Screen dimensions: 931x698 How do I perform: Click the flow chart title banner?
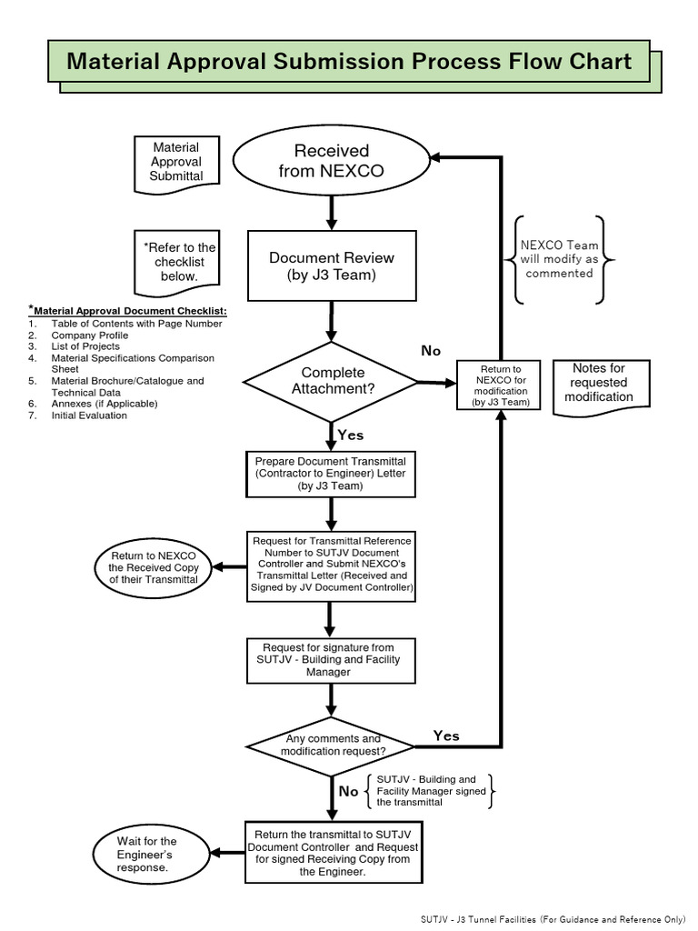click(349, 62)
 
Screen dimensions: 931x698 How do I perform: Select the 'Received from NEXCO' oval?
click(331, 160)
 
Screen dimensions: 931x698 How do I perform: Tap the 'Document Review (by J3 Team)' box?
click(332, 265)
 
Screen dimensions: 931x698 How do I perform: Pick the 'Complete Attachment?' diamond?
click(332, 381)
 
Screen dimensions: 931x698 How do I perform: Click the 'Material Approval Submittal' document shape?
click(176, 162)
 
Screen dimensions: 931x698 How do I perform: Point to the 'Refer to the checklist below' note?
click(179, 262)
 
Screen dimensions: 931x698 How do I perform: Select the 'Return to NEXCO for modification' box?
click(501, 385)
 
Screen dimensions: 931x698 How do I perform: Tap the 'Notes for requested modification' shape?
click(598, 384)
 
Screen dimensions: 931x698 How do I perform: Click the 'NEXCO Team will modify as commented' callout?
click(559, 259)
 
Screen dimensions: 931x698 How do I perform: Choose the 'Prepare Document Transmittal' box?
click(331, 474)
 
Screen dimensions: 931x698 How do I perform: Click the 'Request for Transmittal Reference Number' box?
click(332, 565)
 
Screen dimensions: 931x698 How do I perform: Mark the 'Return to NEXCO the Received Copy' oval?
click(154, 567)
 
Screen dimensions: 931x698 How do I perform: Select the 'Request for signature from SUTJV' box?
click(331, 660)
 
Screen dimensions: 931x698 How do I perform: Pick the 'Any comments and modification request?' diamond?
click(332, 746)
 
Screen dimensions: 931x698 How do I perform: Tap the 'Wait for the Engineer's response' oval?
click(146, 854)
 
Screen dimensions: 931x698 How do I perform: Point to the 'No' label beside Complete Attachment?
click(431, 351)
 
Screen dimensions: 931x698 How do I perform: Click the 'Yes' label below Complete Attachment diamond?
click(350, 435)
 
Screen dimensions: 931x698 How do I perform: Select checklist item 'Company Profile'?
click(90, 335)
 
